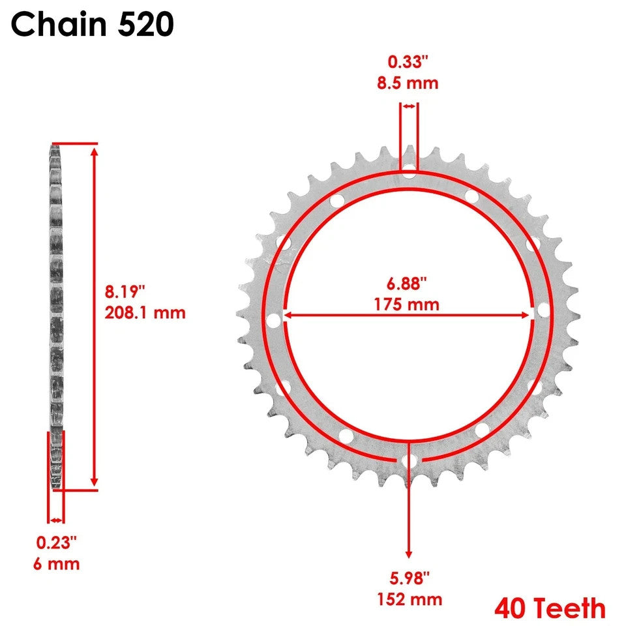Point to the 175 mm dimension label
[x=407, y=304]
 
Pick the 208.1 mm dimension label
[x=145, y=312]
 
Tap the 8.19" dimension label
[x=126, y=291]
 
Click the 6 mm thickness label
[x=57, y=563]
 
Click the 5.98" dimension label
[x=408, y=578]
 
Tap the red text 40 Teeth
[x=550, y=609]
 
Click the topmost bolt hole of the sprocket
[x=409, y=173]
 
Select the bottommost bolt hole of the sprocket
[x=409, y=461]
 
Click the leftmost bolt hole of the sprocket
[x=274, y=320]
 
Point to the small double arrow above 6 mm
[x=56, y=520]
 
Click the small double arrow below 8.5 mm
[x=410, y=106]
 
